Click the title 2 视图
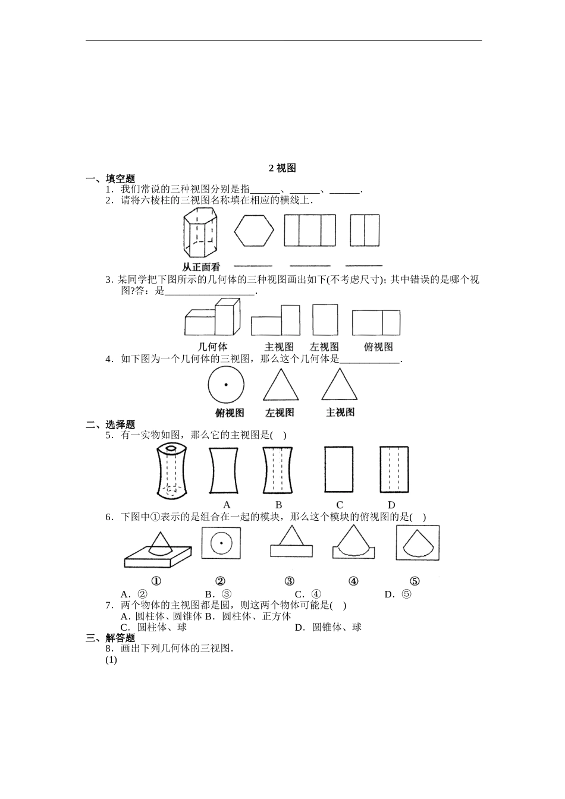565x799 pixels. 282,168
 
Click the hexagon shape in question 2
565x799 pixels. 254,230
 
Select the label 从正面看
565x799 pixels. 201,267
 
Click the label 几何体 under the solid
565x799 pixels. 212,347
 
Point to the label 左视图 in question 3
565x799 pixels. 325,347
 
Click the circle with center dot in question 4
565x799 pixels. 226,385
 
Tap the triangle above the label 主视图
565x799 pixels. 340,385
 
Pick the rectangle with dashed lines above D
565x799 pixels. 393,470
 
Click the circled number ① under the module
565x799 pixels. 156,581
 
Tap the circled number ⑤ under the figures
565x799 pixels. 415,581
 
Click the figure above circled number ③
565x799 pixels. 291,543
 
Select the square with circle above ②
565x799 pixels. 221,543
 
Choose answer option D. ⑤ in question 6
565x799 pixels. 398,594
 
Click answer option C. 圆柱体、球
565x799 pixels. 153,627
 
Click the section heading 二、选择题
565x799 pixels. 111,424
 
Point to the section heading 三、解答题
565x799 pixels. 111,638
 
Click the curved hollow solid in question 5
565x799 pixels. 172,471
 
